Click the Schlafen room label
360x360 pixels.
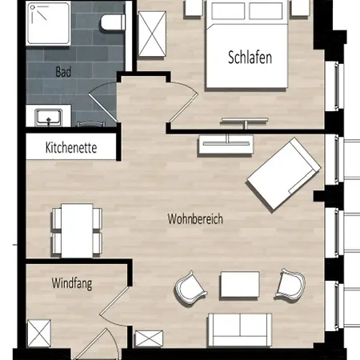(250, 58)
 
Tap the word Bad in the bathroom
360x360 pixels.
(63, 72)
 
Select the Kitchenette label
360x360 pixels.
(71, 147)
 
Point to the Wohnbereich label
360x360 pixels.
(195, 219)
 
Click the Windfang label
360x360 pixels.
(72, 283)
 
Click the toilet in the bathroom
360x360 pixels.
(113, 22)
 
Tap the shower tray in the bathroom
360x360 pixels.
(49, 23)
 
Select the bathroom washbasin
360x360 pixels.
(49, 118)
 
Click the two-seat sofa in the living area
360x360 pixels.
(240, 330)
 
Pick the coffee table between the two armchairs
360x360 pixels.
(240, 285)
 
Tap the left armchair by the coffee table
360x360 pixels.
(190, 288)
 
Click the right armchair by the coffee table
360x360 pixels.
(290, 284)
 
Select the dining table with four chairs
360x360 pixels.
(77, 230)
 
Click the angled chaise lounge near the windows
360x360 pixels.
(284, 174)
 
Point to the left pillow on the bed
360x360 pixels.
(228, 11)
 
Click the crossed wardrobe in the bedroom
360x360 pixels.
(152, 34)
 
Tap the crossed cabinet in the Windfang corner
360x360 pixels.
(39, 334)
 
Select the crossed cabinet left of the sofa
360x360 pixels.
(149, 338)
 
